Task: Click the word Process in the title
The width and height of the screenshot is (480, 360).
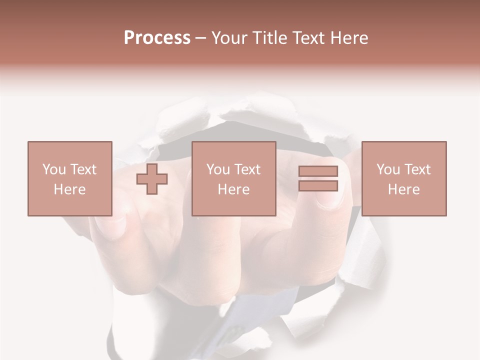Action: pos(157,38)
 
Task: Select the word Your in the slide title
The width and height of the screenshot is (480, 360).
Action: pos(227,38)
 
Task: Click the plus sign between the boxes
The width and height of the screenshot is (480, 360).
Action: pos(152,179)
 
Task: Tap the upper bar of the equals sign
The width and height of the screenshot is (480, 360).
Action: pos(318,171)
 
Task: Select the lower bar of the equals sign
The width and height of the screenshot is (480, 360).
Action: pos(318,186)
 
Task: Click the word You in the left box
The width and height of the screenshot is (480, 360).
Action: pos(54,169)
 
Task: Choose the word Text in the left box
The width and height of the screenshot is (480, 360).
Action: pos(83,169)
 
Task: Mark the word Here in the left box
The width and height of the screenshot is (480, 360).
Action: pos(69,189)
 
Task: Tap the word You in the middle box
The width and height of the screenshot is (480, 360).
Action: pos(218,169)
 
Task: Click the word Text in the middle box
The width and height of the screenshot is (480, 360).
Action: pos(247,169)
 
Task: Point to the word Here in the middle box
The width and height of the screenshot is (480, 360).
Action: pos(234,189)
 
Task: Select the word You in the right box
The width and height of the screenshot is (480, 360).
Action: pos(388,169)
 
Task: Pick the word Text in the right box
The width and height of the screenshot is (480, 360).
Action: pos(417,169)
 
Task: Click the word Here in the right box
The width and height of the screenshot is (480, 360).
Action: pos(404,189)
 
